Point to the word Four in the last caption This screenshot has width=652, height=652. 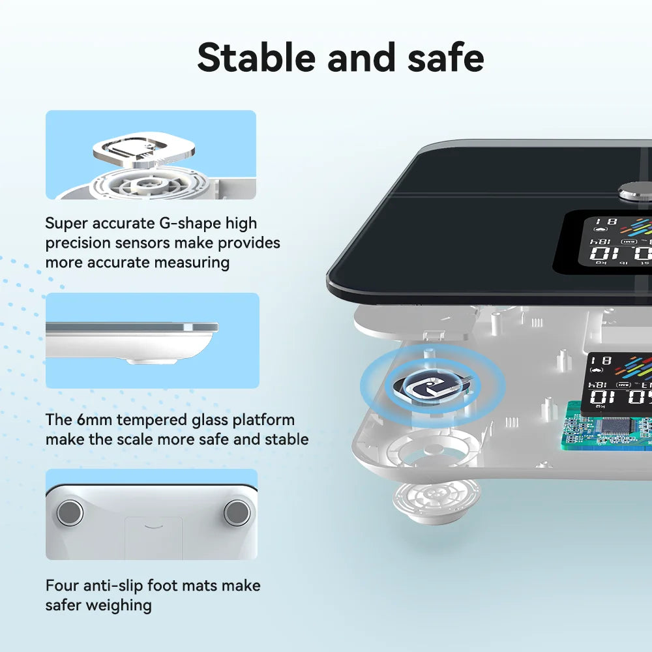tap(62, 585)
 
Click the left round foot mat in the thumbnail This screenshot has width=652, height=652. tap(70, 512)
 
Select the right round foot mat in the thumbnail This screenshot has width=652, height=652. tap(236, 512)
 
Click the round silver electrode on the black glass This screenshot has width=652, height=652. tap(634, 191)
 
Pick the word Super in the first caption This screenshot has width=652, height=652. tap(68, 224)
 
